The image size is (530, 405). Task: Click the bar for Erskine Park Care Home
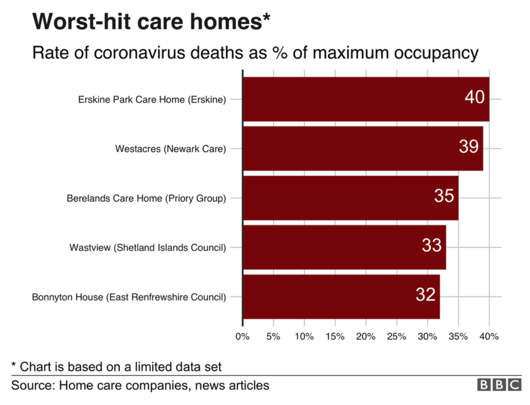coord(353,99)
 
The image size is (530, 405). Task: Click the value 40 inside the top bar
coord(474,97)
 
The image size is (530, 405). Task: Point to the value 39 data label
coord(468,147)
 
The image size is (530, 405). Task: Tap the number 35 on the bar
coord(444,196)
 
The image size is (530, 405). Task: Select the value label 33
coord(432,246)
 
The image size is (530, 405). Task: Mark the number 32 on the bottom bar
coord(425,295)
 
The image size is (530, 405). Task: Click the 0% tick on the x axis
coord(242,337)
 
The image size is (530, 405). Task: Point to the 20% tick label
coord(366,337)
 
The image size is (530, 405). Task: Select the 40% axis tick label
coord(489,337)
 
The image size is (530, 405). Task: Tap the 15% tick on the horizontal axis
coord(335,337)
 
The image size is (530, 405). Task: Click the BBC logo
coord(499,385)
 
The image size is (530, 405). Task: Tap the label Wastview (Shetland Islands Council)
coord(148,247)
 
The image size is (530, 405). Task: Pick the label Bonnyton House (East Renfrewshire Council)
coord(129,297)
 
